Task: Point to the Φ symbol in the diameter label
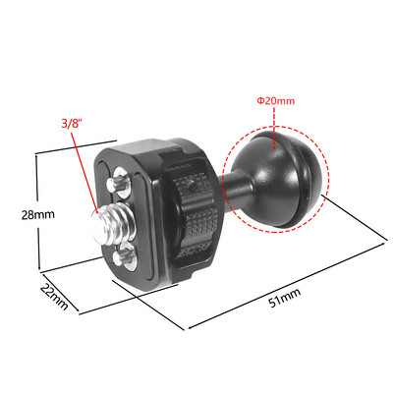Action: pyautogui.click(x=260, y=100)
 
